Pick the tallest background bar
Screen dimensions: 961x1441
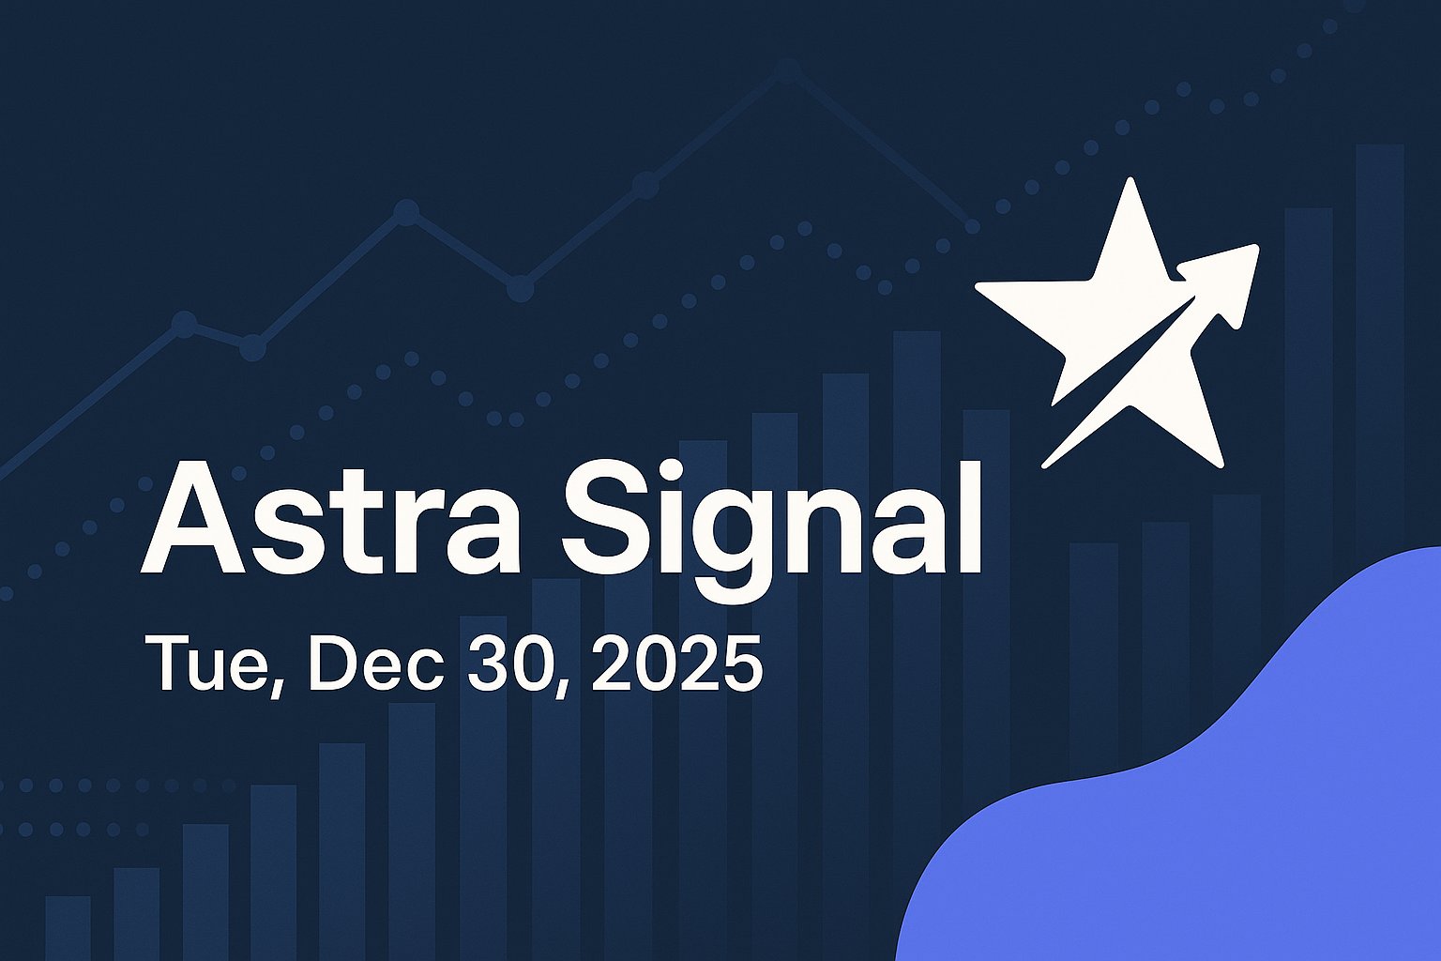(1379, 375)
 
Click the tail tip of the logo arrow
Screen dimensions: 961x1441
(1046, 465)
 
